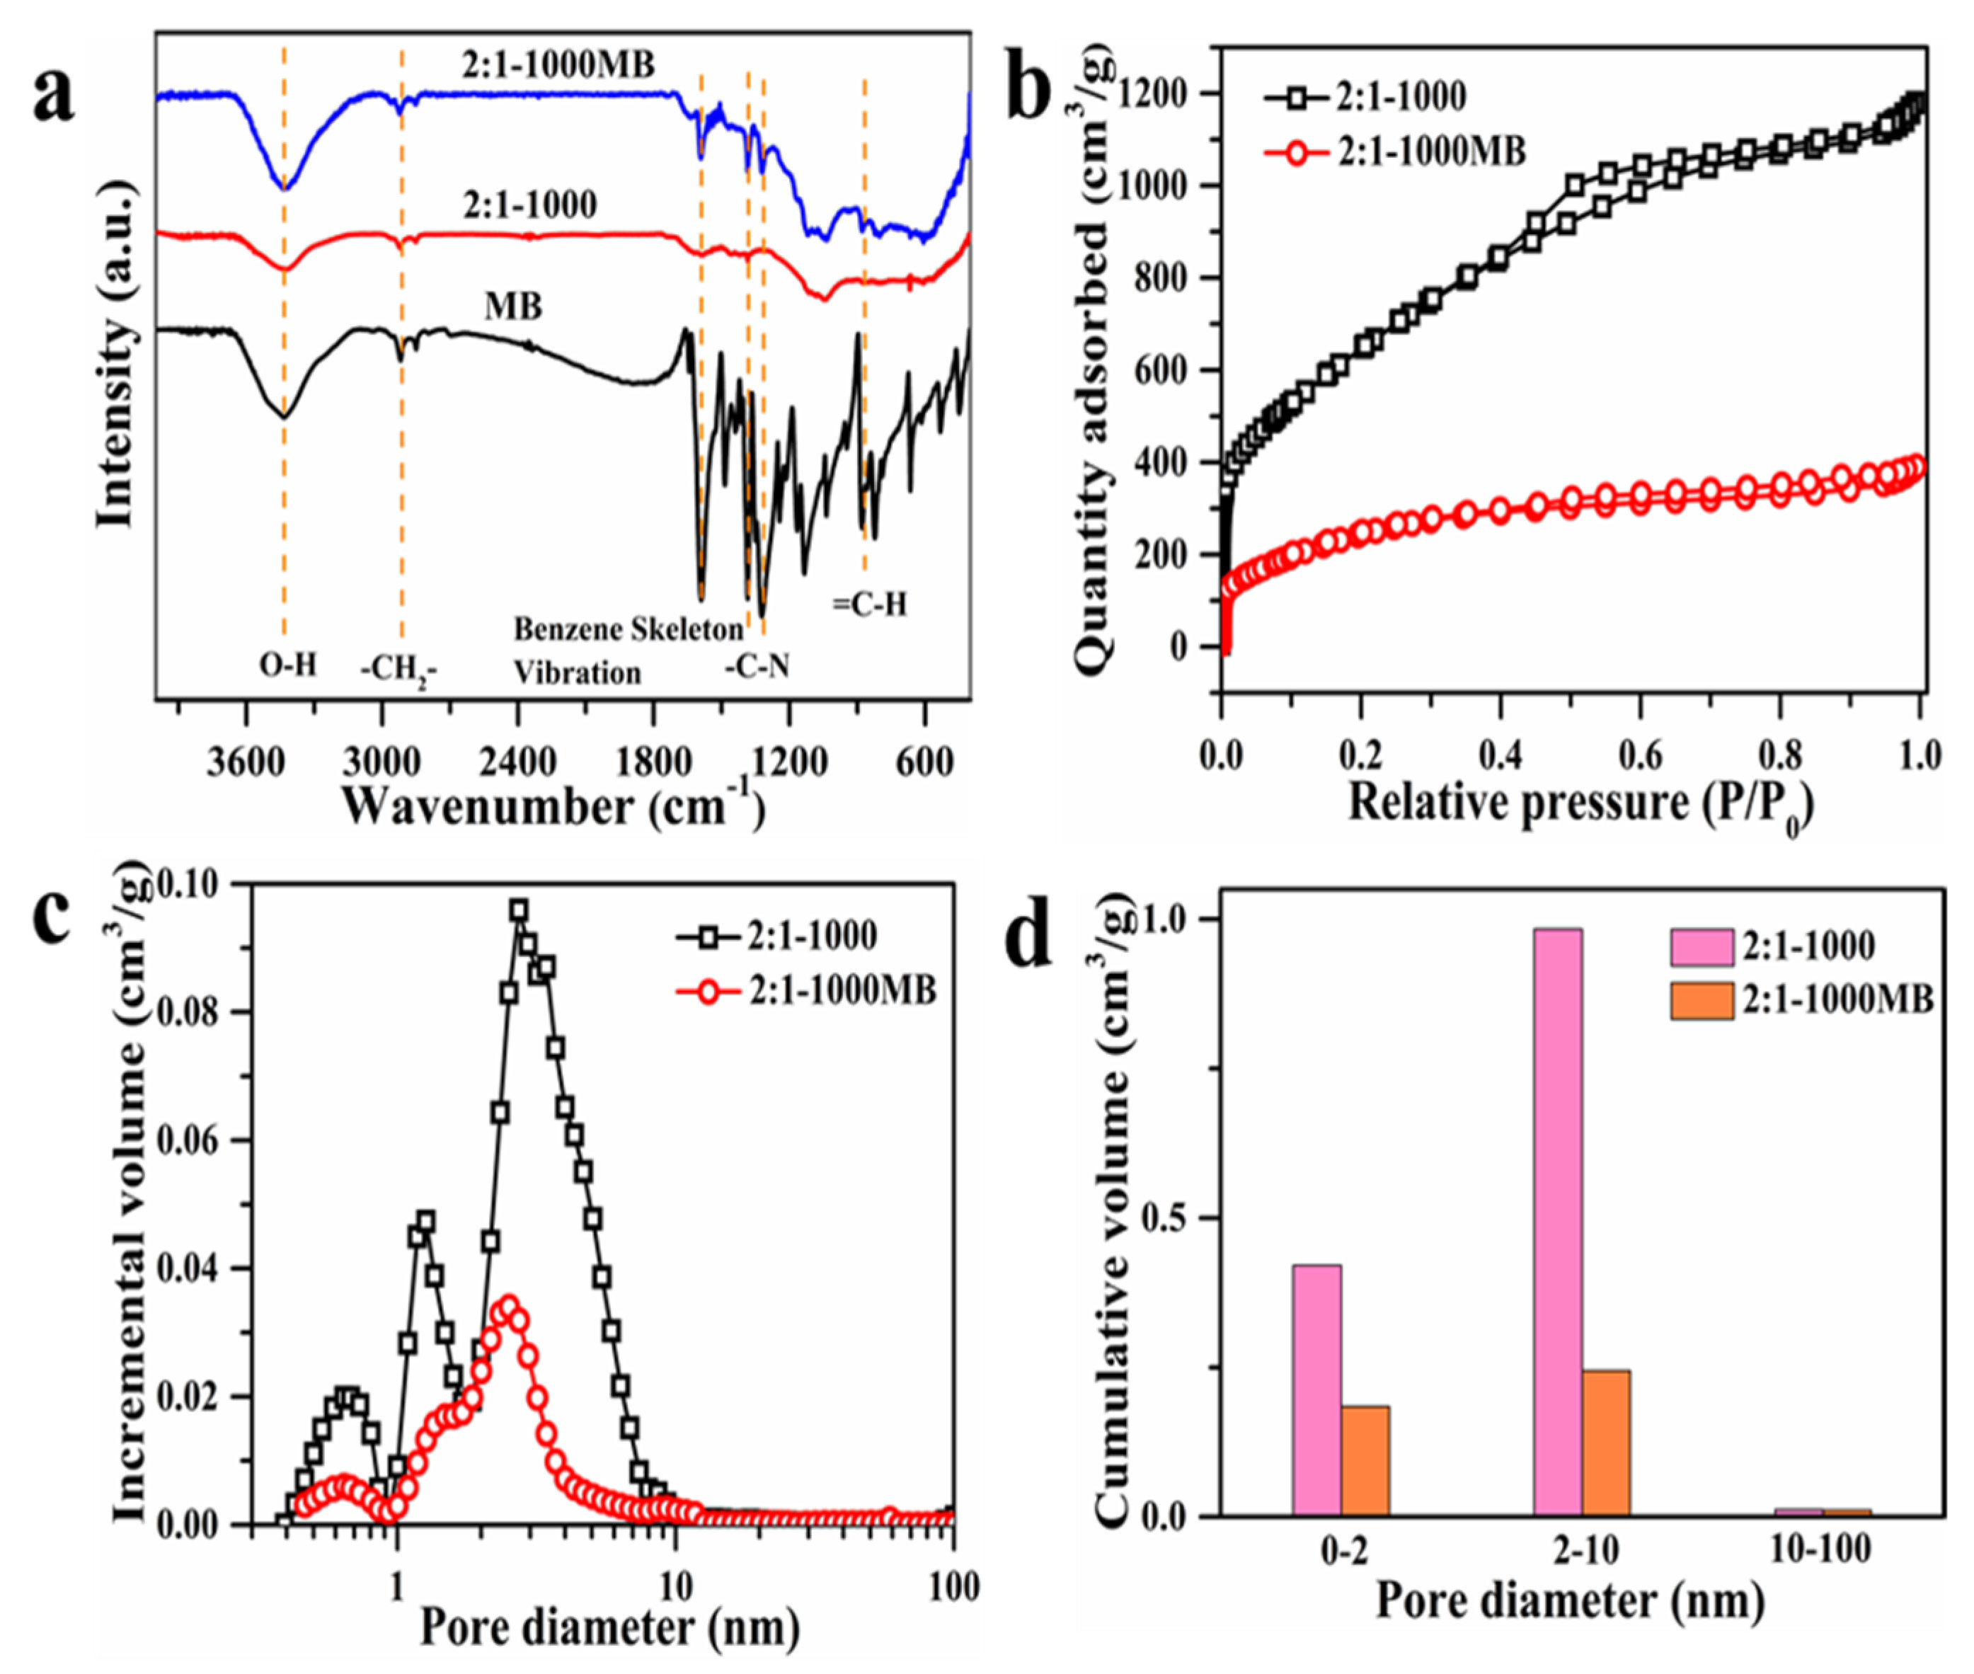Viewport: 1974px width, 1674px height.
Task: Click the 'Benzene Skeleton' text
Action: click(629, 629)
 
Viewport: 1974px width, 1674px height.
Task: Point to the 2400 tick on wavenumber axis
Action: click(517, 763)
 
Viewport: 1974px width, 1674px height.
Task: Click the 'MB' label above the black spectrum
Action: click(513, 306)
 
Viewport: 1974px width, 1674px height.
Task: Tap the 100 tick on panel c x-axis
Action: click(951, 1587)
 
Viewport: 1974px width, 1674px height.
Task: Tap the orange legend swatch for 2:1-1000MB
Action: click(1702, 999)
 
